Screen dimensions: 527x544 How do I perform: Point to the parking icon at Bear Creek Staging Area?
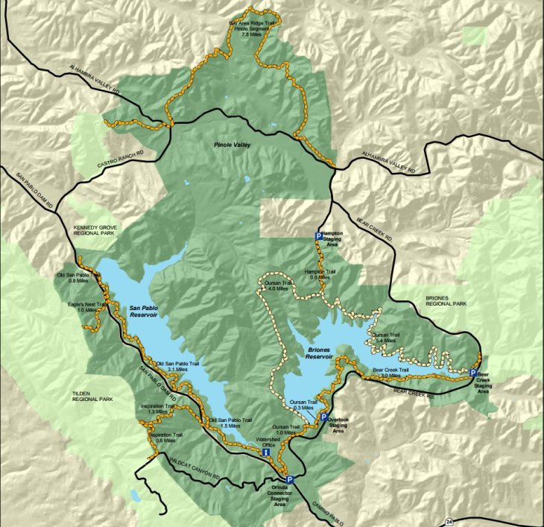[473, 373]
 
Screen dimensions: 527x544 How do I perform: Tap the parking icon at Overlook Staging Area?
[324, 417]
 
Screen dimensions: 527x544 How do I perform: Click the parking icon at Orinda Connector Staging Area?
[289, 480]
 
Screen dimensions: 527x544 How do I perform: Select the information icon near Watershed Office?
[266, 452]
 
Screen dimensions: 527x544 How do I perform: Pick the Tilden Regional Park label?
[92, 395]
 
